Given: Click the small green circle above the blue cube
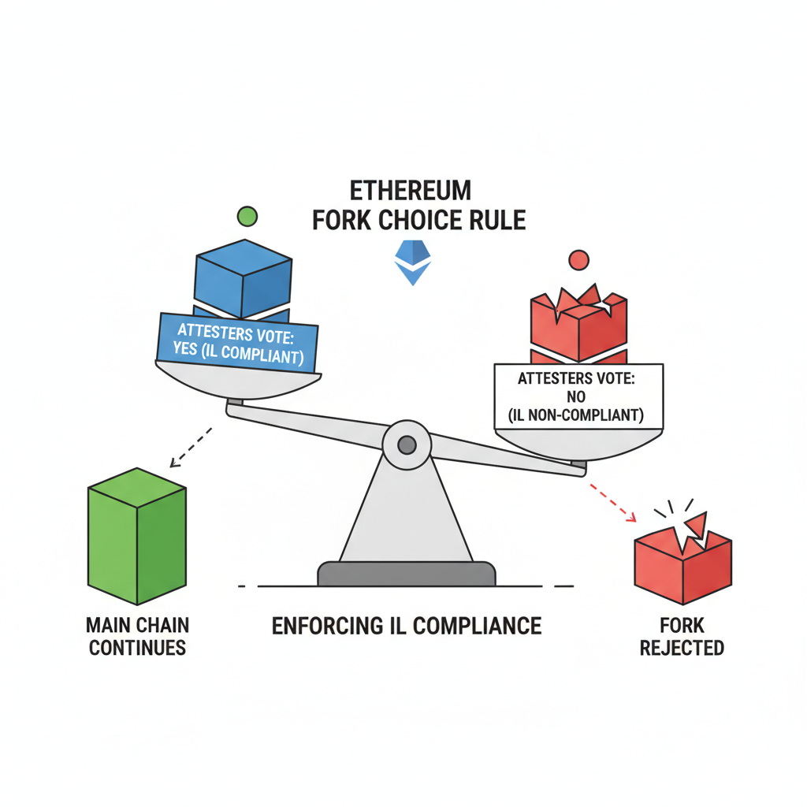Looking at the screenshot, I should click(x=247, y=215).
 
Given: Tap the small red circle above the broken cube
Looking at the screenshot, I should click(x=578, y=259).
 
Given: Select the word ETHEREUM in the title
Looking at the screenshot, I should click(x=411, y=192).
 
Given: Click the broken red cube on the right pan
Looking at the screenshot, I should click(x=579, y=323).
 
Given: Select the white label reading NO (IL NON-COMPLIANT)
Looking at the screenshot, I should click(x=578, y=397).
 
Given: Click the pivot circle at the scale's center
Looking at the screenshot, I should click(x=407, y=445).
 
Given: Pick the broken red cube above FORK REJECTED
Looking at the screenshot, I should click(x=683, y=563).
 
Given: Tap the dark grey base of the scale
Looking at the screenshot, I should click(x=406, y=574).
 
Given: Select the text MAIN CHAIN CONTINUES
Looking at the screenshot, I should click(x=137, y=637).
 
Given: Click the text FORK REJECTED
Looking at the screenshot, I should click(x=682, y=637).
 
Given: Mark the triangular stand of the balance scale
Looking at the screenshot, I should click(x=406, y=512).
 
